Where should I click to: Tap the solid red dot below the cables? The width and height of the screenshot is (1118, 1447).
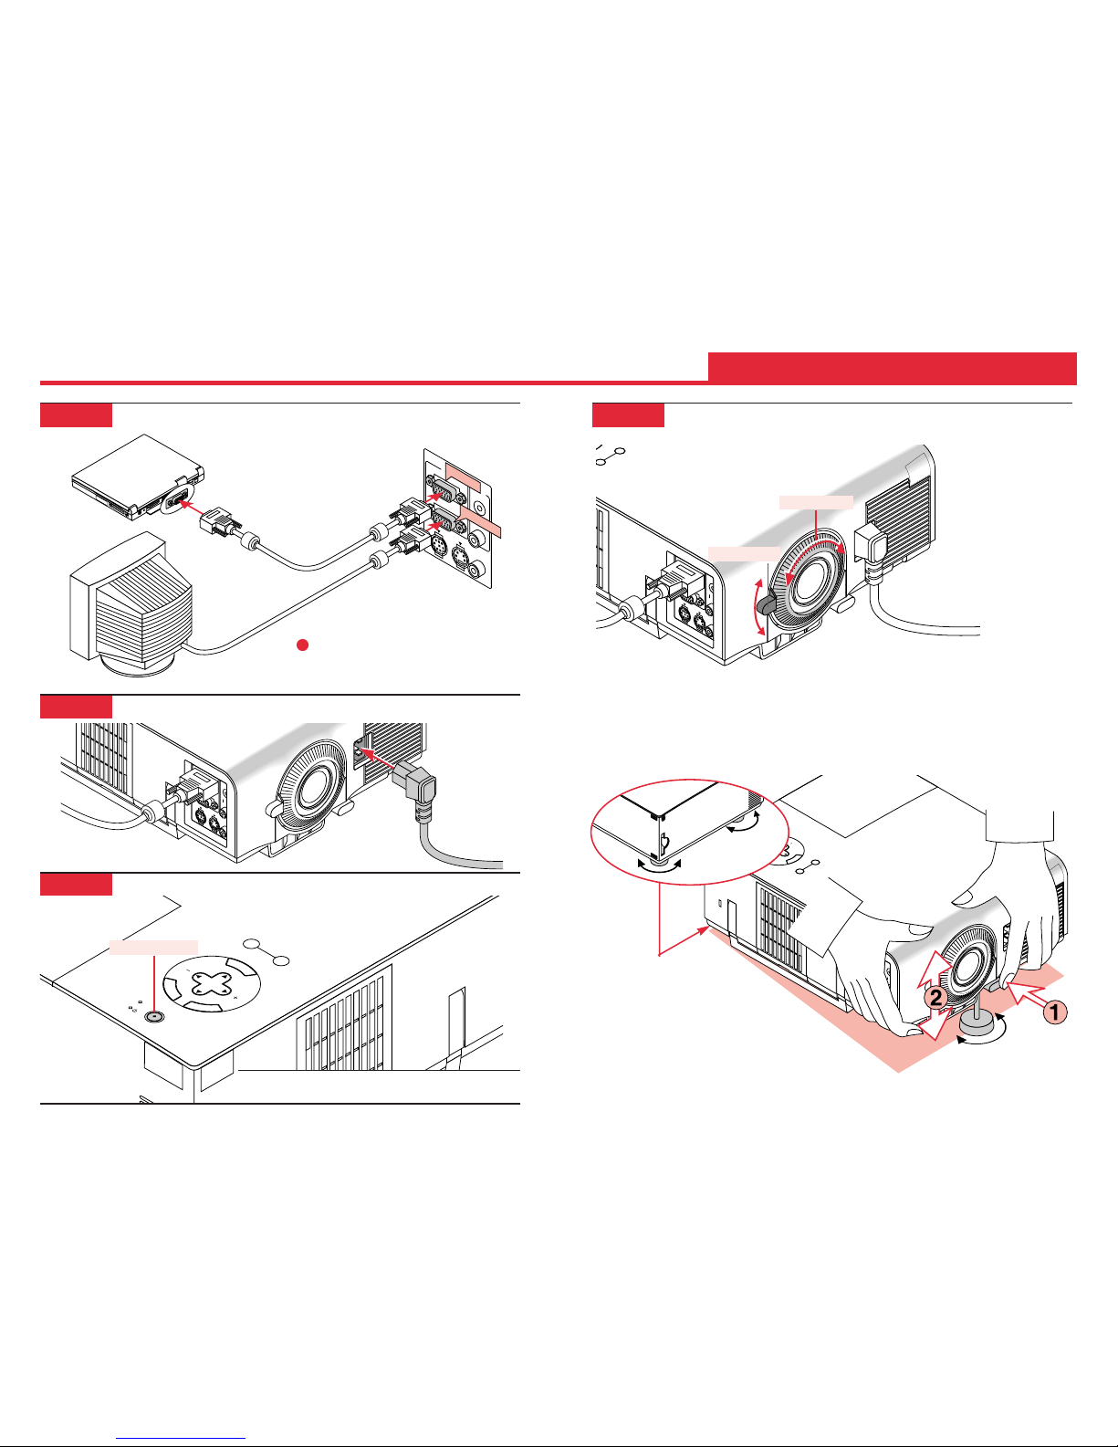click(302, 645)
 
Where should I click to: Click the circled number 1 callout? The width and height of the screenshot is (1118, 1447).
click(1055, 1012)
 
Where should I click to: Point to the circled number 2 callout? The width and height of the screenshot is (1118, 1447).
click(935, 998)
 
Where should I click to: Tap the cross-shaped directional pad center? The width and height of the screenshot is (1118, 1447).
click(213, 983)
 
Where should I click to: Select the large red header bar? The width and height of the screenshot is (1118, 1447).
click(892, 368)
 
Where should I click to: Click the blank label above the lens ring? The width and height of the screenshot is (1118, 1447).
click(816, 502)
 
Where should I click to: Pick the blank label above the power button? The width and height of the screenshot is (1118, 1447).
click(153, 947)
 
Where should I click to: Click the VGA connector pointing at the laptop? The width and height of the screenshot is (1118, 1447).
click(217, 520)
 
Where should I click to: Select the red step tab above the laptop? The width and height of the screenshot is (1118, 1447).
click(76, 414)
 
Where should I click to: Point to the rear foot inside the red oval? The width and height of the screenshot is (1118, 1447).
click(659, 864)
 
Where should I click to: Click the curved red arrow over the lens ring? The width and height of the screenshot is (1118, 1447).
click(816, 547)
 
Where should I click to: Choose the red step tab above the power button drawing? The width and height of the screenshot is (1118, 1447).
click(76, 884)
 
